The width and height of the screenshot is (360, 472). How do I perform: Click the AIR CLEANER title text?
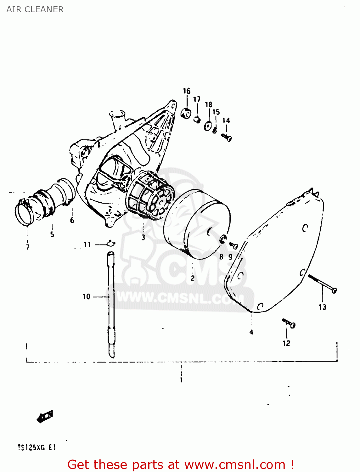pos(35,9)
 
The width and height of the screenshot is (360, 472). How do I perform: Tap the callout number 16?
pos(187,91)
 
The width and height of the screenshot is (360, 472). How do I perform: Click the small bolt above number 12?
pos(289,323)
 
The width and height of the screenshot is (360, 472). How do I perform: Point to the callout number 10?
pos(87,296)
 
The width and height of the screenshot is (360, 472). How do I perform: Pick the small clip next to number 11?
pos(111,243)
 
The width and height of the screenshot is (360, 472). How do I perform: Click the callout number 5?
pos(52,234)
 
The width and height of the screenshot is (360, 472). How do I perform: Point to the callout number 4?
pos(251,332)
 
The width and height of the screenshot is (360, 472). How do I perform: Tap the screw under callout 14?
pos(227,137)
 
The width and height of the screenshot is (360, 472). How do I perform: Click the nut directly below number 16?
pos(186,113)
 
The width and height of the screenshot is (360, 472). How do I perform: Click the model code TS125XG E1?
pos(37,447)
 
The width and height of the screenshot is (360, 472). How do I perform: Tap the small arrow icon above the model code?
pos(45,417)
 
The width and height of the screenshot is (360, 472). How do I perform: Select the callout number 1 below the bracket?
pos(181,380)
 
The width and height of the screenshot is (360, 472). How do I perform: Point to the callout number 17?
pos(197,99)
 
